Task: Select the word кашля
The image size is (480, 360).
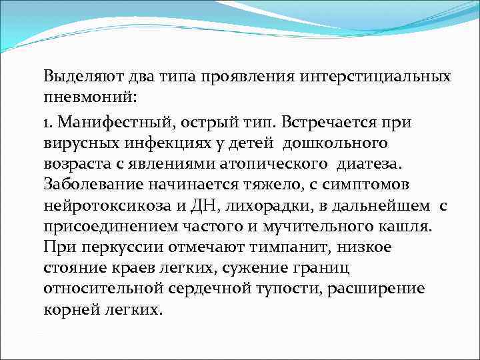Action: tap(407, 226)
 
